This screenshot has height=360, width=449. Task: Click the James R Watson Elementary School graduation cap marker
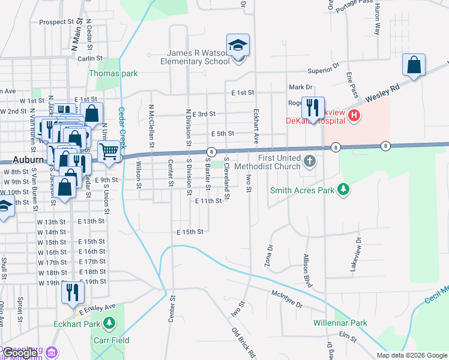click(x=238, y=45)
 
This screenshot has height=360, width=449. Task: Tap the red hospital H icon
click(x=354, y=115)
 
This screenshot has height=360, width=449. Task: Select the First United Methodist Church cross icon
click(x=309, y=161)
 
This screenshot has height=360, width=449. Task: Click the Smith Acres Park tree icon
click(x=343, y=190)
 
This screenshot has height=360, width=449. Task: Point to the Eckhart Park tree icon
click(x=109, y=325)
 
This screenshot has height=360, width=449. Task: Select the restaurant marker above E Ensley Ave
click(x=73, y=293)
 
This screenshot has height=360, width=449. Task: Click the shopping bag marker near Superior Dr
click(x=414, y=65)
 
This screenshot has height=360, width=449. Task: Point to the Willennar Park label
click(x=340, y=323)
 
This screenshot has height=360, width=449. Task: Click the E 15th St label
click(x=191, y=232)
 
